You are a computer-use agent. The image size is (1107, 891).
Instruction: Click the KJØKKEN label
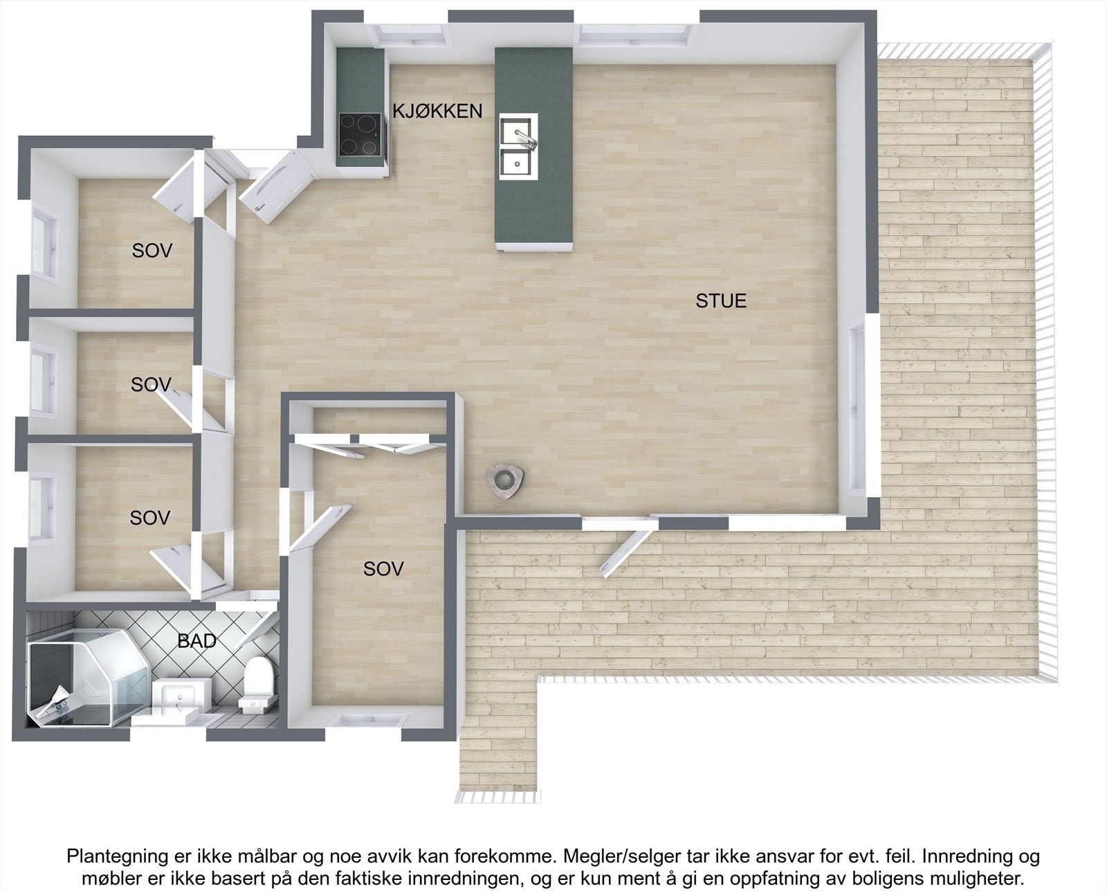[x=437, y=111]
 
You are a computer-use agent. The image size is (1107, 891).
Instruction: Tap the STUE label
[x=721, y=301]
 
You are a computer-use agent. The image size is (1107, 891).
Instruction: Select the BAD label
[x=197, y=641]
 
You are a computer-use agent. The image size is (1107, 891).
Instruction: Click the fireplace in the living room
[x=506, y=479]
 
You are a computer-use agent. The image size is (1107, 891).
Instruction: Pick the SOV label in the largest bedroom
[x=383, y=569]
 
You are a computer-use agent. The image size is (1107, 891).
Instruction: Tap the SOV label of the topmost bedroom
[x=152, y=251]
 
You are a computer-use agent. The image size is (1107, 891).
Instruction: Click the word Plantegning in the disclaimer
[x=109, y=856]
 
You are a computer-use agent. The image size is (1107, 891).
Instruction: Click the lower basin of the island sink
[x=518, y=164]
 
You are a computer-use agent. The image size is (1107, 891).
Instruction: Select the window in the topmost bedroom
[x=45, y=242]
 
